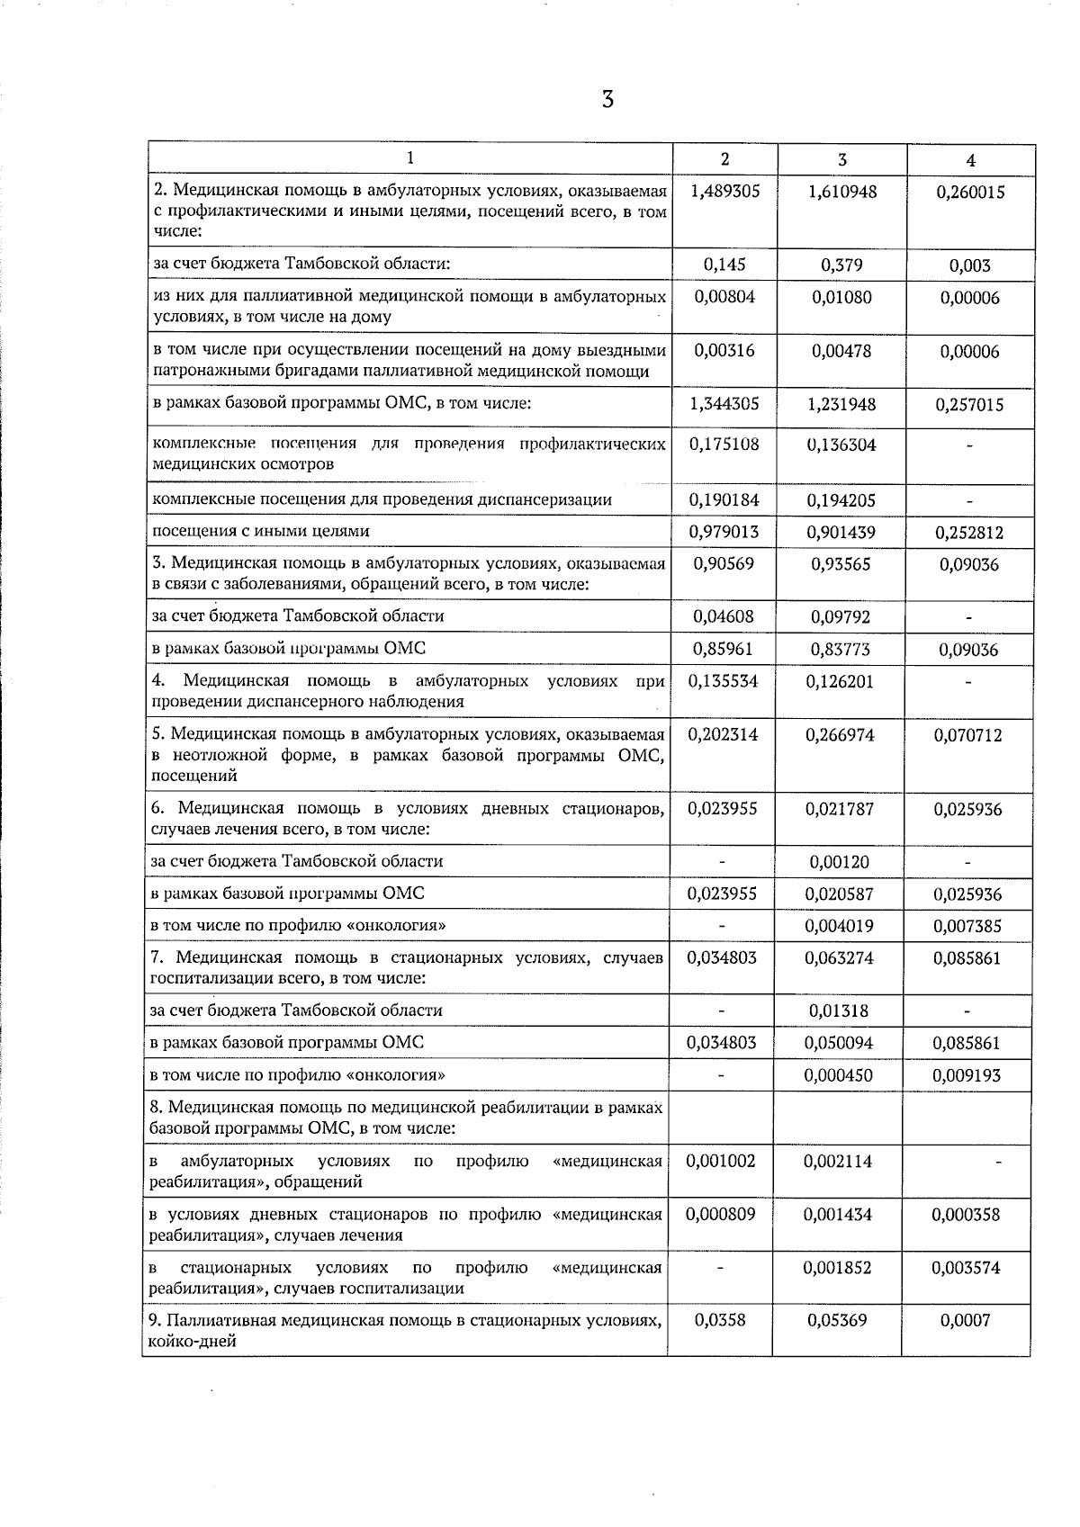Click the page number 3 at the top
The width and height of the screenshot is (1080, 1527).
click(607, 100)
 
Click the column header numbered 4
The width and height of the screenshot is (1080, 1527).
click(970, 160)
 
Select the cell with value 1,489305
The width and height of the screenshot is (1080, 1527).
click(724, 191)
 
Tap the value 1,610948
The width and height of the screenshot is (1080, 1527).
click(842, 191)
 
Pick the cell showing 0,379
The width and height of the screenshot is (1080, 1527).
click(841, 265)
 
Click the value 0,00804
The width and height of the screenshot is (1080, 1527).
click(724, 297)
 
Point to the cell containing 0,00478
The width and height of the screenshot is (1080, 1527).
click(841, 351)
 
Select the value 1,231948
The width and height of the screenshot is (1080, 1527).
click(841, 405)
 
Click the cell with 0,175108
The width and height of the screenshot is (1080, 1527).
click(724, 445)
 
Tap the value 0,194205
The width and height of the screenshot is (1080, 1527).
click(841, 500)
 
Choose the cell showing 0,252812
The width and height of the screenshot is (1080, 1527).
click(969, 533)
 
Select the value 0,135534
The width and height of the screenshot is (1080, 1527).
click(724, 681)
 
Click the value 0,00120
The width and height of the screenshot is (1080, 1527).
click(840, 862)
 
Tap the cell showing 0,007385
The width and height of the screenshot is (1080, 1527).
click(967, 926)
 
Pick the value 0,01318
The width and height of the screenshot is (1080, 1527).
click(840, 1011)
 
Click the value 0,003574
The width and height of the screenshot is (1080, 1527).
click(966, 1268)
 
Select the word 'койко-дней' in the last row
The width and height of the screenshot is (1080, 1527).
click(193, 1341)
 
